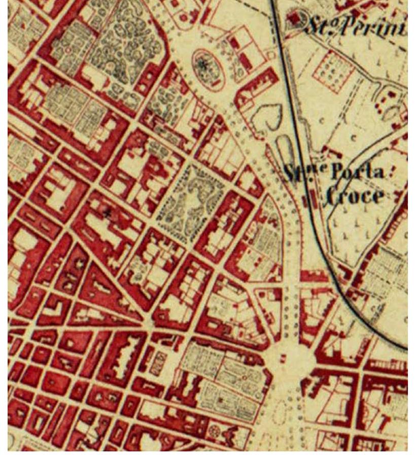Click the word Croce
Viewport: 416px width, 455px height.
[x=354, y=196]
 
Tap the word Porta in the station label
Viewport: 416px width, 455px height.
[x=358, y=173]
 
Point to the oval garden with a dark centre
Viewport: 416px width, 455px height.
[x=208, y=67]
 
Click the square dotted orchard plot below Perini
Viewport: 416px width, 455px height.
[x=332, y=71]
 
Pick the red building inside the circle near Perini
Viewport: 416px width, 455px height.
[x=294, y=19]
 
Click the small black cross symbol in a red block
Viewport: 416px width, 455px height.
[x=107, y=214]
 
